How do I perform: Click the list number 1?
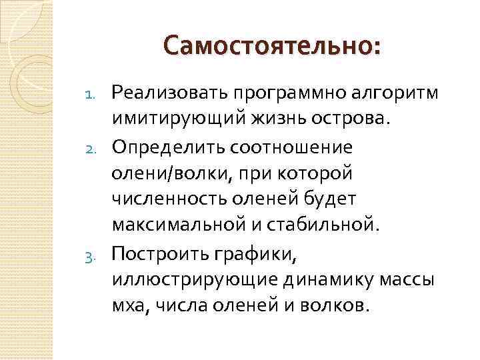pos(96,93)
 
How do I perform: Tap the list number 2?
pos(96,147)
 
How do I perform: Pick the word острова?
pos(351,118)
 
